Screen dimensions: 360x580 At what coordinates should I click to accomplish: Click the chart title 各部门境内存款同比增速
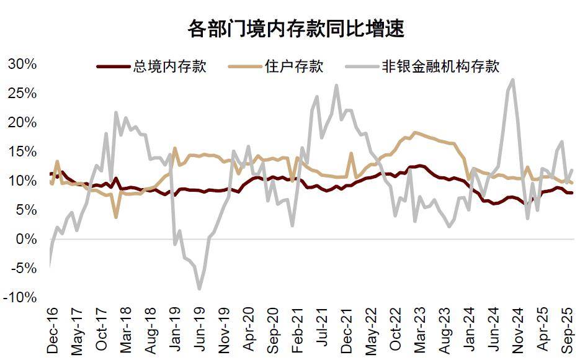296,29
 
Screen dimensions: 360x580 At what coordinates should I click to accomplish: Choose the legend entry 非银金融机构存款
440,66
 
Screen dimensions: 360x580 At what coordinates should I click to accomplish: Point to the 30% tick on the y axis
22,64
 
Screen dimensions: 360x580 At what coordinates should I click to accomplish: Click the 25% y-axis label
22,93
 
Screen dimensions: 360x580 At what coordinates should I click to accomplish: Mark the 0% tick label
26,239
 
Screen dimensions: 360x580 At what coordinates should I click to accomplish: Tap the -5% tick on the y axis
22,268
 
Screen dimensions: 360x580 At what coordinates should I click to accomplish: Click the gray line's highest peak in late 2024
512,79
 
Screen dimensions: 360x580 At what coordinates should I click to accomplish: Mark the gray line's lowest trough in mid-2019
199,289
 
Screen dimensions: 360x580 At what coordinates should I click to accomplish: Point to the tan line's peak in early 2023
414,132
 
